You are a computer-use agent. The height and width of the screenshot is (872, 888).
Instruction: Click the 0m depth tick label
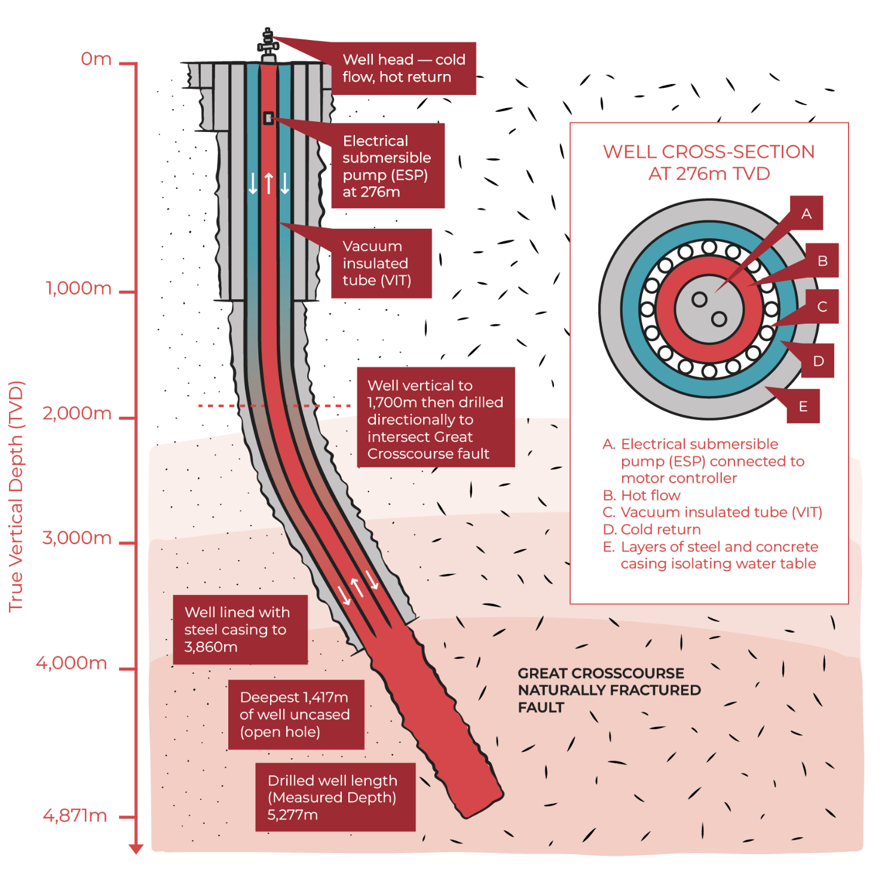click(x=96, y=59)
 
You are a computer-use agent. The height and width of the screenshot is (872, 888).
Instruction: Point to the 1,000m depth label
click(x=79, y=288)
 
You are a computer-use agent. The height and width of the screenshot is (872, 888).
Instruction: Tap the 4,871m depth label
click(x=75, y=816)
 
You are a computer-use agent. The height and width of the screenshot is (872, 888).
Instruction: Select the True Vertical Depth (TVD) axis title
click(x=16, y=496)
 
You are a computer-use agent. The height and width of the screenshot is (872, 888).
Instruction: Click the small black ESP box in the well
click(x=269, y=118)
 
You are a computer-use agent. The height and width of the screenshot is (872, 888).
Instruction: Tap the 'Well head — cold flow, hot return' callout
click(x=403, y=68)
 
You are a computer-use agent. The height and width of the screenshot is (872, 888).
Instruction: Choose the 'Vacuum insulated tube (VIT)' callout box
click(x=381, y=263)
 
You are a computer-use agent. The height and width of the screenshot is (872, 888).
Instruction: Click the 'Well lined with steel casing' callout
click(x=240, y=630)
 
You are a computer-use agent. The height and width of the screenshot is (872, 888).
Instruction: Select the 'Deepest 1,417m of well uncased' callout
click(x=296, y=714)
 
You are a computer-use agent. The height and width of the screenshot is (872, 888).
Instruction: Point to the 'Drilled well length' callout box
click(x=335, y=797)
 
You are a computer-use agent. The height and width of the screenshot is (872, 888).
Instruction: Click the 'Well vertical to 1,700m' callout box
click(x=436, y=419)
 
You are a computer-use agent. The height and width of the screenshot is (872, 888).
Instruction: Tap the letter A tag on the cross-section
click(x=806, y=213)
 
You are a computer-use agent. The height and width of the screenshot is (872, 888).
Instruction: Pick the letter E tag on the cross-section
click(x=803, y=407)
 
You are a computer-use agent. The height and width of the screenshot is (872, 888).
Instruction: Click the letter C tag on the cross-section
click(x=822, y=307)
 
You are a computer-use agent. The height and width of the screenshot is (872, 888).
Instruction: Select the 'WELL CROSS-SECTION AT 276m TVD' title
click(x=709, y=162)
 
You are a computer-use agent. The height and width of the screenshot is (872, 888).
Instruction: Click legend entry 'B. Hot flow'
click(x=642, y=495)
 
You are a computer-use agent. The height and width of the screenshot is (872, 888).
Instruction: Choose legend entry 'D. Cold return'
click(x=652, y=530)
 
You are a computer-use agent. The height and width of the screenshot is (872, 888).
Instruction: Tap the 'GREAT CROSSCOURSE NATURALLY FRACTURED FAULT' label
click(x=608, y=690)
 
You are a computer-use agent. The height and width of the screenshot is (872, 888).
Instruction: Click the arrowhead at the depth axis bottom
click(x=136, y=849)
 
